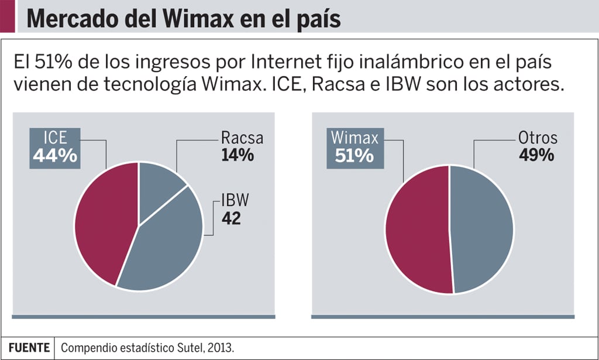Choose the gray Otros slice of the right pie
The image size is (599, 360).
click(483, 228)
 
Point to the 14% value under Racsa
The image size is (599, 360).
click(237, 156)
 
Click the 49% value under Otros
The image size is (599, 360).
click(536, 156)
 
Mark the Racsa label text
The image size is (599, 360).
click(242, 139)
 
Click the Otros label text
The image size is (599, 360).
click(537, 139)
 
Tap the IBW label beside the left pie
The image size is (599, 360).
click(235, 201)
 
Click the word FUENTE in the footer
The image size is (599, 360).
click(29, 347)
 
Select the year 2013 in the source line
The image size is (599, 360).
click(223, 348)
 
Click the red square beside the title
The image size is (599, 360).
click(7, 16)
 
